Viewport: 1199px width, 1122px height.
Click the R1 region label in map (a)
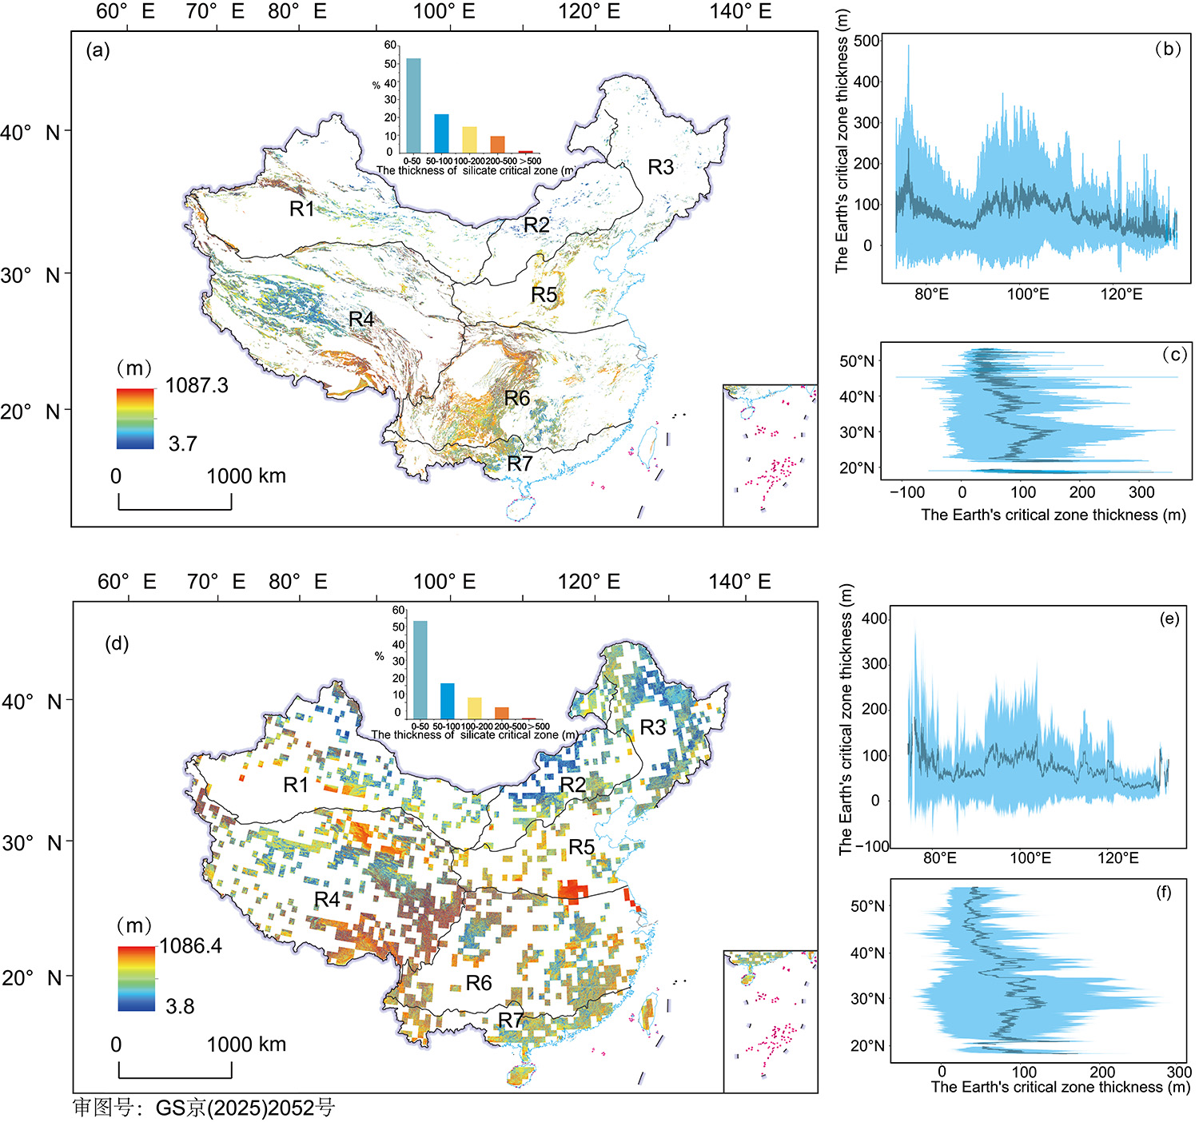tap(301, 209)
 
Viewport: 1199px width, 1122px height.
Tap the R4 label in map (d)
tap(327, 900)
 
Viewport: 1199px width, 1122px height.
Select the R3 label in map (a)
tap(660, 167)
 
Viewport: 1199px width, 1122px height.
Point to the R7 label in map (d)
tap(511, 1020)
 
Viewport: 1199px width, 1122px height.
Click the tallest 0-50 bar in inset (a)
tap(413, 105)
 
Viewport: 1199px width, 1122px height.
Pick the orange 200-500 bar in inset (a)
tap(497, 144)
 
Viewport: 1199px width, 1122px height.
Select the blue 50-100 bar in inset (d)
tap(447, 701)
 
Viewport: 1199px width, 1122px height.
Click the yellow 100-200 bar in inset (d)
tap(475, 708)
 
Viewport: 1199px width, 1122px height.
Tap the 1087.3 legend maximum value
tap(197, 386)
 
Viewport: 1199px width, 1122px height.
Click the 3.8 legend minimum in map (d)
tap(180, 1006)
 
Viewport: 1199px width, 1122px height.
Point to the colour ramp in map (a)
tap(135, 419)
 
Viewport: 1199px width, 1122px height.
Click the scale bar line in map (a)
tap(175, 508)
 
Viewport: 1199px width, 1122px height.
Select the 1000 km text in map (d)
tap(246, 1044)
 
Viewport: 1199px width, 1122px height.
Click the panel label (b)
tap(1167, 49)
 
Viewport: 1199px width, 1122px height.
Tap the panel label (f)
tap(1164, 893)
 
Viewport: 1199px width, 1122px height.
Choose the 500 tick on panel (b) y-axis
tap(867, 42)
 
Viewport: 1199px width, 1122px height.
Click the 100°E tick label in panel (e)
tap(1030, 858)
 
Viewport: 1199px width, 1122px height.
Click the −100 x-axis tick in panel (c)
tap(907, 492)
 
